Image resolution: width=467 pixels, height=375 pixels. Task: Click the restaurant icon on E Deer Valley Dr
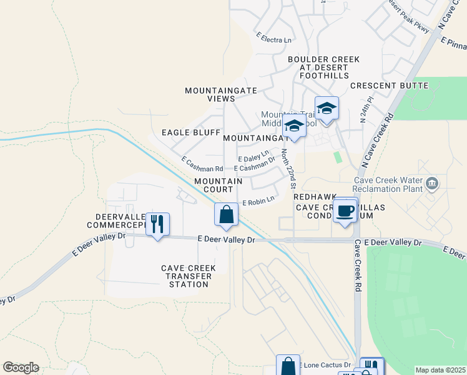click(157, 224)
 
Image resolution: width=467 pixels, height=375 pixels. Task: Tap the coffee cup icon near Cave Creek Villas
click(345, 210)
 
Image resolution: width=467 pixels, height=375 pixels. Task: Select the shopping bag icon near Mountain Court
click(226, 214)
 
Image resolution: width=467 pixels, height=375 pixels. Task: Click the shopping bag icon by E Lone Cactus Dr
click(288, 366)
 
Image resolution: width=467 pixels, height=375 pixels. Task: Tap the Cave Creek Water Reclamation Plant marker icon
click(433, 183)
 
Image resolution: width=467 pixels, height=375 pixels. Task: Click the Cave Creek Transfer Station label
click(189, 276)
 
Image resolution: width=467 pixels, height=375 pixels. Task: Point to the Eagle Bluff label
click(191, 132)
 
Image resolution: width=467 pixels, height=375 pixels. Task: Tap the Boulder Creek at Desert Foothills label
click(323, 67)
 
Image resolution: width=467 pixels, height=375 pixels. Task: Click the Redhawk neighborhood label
click(315, 196)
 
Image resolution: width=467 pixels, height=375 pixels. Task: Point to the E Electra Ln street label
click(273, 39)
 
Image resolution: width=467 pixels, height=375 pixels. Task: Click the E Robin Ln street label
click(257, 201)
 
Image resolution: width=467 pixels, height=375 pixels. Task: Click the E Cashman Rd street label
click(202, 165)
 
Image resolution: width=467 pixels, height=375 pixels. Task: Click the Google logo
click(21, 367)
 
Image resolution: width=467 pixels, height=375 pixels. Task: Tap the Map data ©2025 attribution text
click(440, 370)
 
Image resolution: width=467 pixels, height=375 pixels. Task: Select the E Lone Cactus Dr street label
click(325, 364)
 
